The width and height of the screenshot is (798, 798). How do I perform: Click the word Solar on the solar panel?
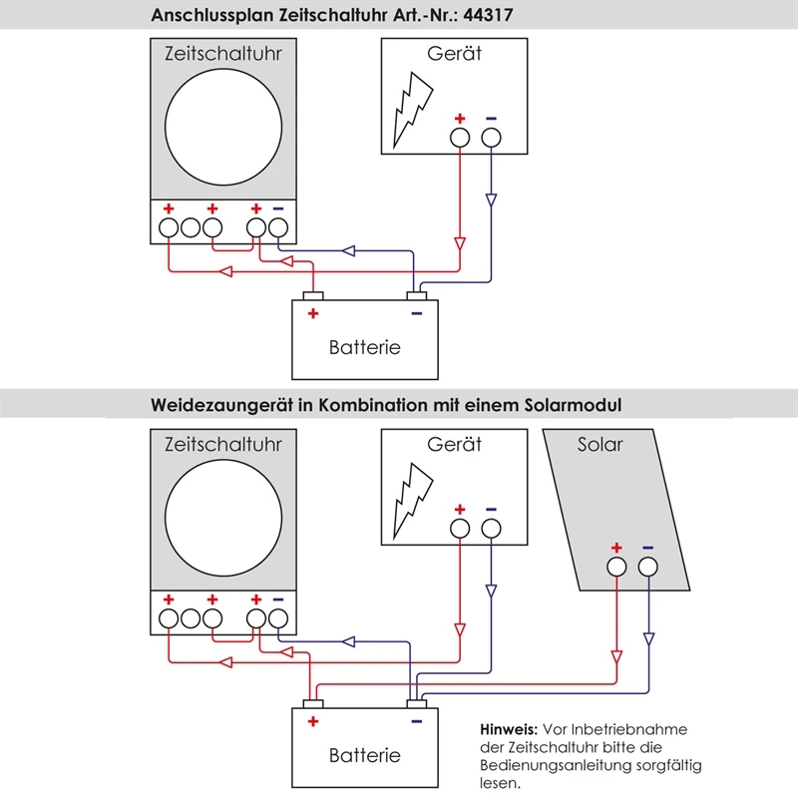[599, 444]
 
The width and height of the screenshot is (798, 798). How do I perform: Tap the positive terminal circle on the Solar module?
[616, 567]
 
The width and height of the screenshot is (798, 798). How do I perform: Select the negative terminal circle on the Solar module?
[648, 567]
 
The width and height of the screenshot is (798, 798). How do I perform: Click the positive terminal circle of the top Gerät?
[460, 138]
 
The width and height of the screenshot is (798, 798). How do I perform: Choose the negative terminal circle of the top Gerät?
[491, 138]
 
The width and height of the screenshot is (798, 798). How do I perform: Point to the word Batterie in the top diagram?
[364, 347]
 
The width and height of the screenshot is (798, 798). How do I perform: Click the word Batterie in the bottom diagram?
[364, 755]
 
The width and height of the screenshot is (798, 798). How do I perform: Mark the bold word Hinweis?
[510, 729]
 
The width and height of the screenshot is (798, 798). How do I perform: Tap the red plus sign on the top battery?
[313, 313]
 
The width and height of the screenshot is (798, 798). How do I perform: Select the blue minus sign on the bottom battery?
[417, 720]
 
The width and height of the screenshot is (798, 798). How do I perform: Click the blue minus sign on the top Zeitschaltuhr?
[277, 208]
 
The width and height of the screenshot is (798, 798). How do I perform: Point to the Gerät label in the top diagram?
[455, 54]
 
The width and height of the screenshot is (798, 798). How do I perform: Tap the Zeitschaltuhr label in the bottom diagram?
[222, 444]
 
